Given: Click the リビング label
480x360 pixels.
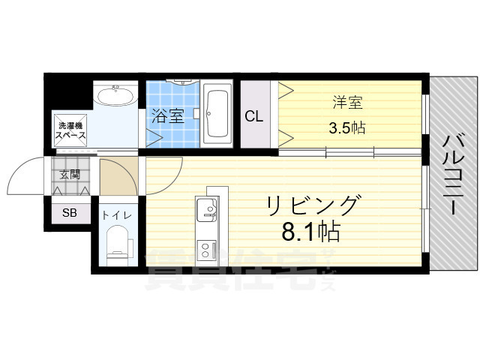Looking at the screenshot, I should [310, 205].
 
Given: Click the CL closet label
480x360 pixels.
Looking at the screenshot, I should [253, 116].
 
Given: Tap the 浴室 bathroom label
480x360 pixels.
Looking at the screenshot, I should [167, 116].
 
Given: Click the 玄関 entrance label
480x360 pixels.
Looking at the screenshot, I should [70, 175].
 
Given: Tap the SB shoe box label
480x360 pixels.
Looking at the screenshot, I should [69, 212].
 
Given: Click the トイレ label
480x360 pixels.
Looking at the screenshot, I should [117, 216].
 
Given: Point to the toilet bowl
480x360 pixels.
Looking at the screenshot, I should [118, 245].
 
